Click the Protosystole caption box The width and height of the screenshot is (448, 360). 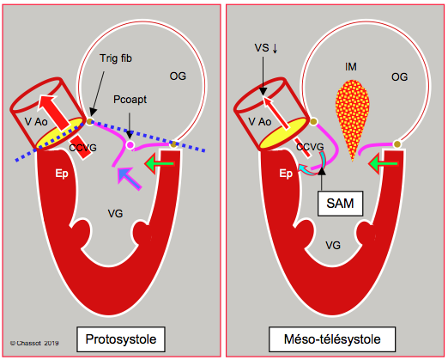point(121,339)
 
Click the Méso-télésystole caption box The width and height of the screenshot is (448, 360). point(332,339)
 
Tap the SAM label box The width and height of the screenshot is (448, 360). point(340,204)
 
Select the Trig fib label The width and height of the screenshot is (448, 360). point(116,58)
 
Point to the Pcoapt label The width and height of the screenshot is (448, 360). point(130,100)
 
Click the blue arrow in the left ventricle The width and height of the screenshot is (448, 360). point(129,179)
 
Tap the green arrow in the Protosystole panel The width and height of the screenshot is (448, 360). point(160,163)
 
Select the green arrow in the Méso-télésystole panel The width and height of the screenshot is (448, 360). point(384,163)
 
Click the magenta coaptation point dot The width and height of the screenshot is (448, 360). point(130,145)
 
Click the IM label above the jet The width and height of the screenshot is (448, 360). point(351,67)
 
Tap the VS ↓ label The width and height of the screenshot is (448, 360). point(266,48)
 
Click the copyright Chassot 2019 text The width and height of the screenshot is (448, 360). point(34,343)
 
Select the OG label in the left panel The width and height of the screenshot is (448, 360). point(178,76)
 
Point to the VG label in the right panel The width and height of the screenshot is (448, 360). point(333,246)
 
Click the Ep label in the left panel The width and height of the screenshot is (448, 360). point(62,174)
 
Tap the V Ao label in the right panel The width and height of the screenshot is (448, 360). point(260,122)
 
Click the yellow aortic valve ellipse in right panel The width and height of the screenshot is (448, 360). point(283,133)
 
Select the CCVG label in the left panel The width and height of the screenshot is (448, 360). point(82,148)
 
